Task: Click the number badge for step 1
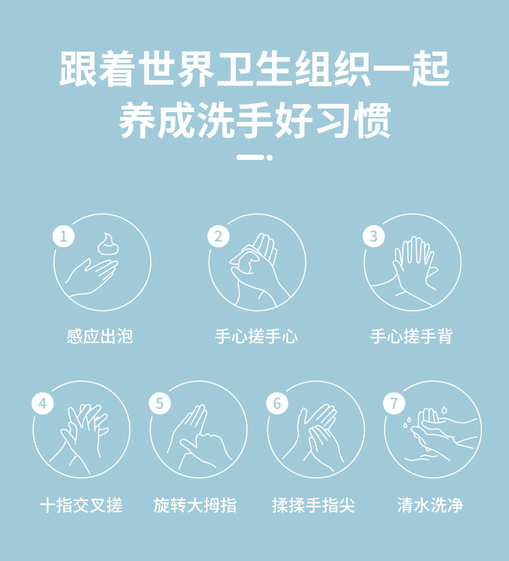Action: click(x=64, y=236)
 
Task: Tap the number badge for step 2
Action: click(x=218, y=236)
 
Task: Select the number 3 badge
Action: click(x=374, y=236)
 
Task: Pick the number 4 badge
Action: click(x=43, y=404)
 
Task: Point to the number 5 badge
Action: click(x=160, y=404)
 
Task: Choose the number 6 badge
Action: click(x=277, y=404)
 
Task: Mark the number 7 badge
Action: click(x=394, y=404)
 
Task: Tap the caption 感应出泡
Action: click(x=100, y=337)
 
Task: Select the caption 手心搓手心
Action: click(x=256, y=337)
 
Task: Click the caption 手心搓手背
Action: click(x=412, y=337)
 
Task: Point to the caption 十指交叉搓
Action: click(x=81, y=505)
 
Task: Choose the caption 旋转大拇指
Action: click(x=195, y=505)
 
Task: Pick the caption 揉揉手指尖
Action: click(x=314, y=505)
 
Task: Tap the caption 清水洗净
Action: click(x=430, y=505)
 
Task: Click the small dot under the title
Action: click(x=269, y=157)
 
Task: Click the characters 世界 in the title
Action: click(x=177, y=69)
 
